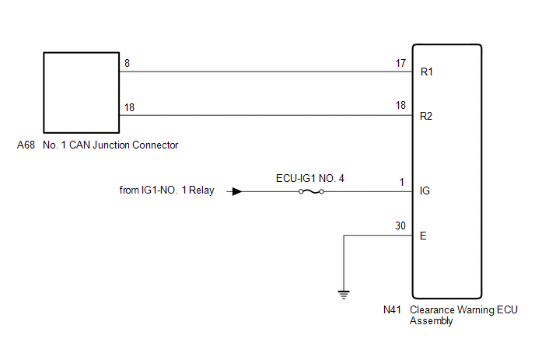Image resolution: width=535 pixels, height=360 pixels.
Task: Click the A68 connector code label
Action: coord(26,145)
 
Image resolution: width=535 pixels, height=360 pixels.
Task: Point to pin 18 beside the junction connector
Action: coord(129,108)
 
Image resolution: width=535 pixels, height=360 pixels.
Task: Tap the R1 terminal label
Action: coord(426,72)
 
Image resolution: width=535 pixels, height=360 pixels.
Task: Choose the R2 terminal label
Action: coord(426,117)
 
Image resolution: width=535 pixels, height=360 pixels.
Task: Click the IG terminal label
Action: coord(425,190)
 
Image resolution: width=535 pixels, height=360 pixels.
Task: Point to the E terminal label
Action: coord(422,235)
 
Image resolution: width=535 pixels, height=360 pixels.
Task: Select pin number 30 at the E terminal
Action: coord(400,226)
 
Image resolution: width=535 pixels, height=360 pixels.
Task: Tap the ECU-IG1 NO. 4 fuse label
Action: coord(310,178)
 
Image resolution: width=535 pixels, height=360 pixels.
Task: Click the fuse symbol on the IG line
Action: coord(310,190)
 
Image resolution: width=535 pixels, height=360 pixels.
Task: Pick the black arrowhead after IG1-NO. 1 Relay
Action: coord(237,190)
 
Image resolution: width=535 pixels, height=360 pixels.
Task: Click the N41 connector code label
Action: coord(393,309)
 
